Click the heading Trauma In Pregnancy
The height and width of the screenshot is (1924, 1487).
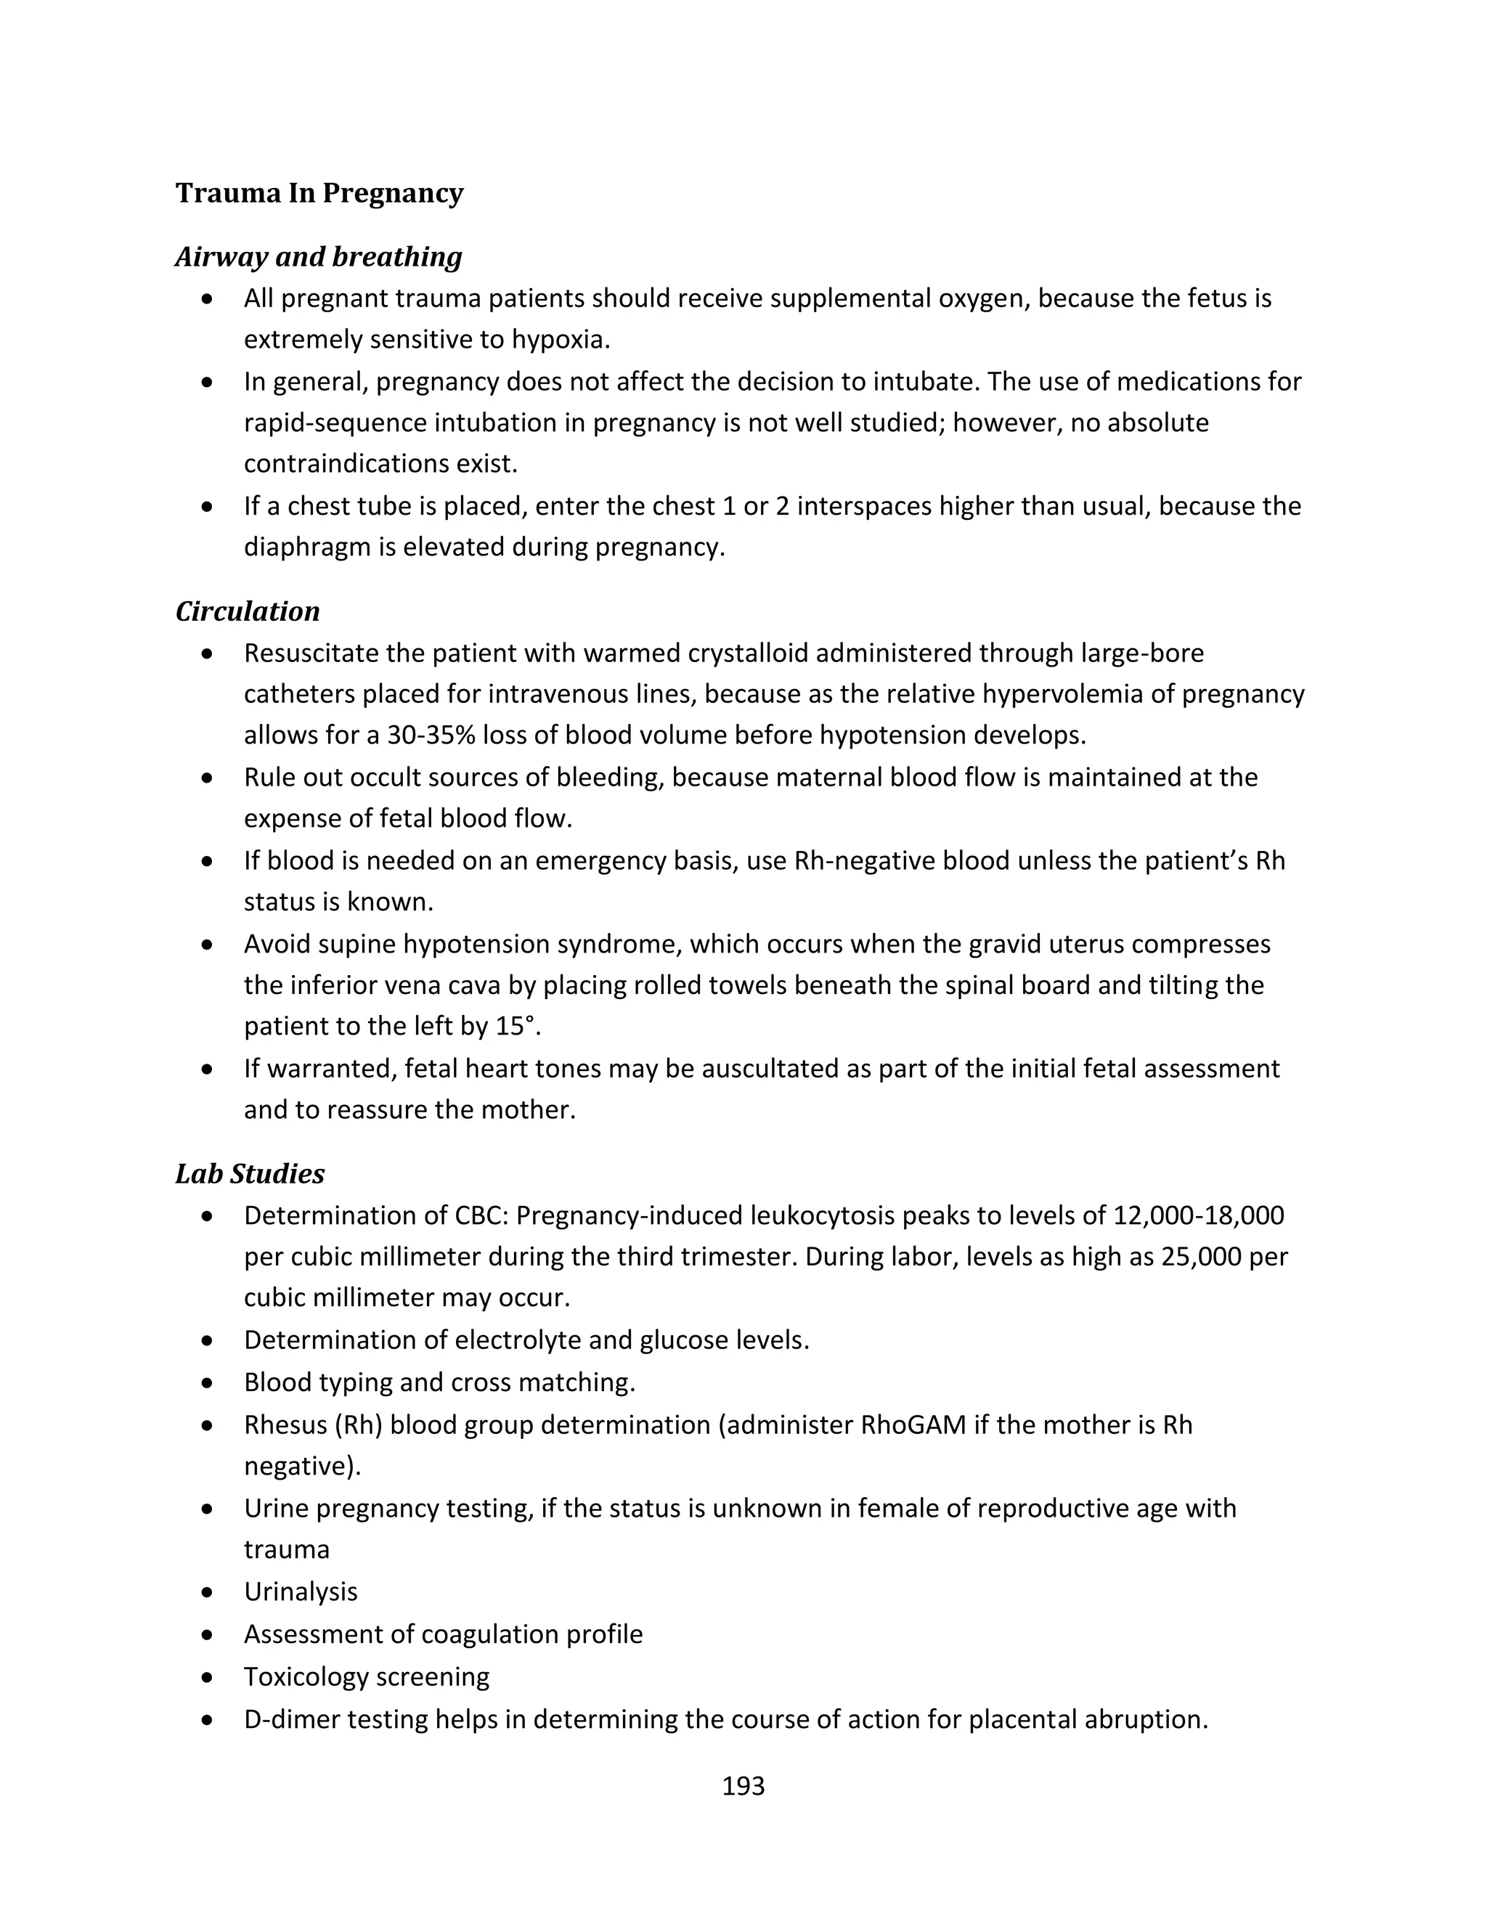[x=319, y=193]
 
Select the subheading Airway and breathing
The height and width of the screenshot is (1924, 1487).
[x=318, y=256]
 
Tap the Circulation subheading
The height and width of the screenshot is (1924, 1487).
[x=248, y=611]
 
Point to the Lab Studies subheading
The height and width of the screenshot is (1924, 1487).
[x=250, y=1173]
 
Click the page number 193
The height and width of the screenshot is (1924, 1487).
[x=743, y=1786]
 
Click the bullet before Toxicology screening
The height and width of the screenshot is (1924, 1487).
[x=207, y=1677]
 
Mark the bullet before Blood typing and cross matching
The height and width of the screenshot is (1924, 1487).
[x=207, y=1383]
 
